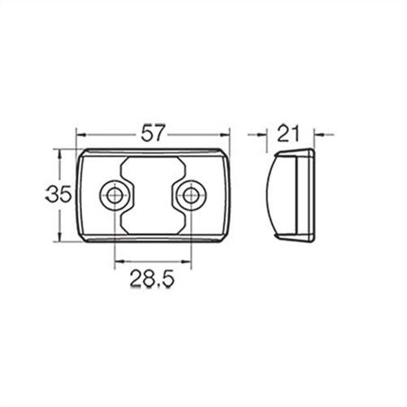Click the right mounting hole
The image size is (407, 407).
[190, 194]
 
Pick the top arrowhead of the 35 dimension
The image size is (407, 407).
[58, 153]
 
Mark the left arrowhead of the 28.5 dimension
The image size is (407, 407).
[117, 262]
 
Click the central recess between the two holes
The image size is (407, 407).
[152, 195]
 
